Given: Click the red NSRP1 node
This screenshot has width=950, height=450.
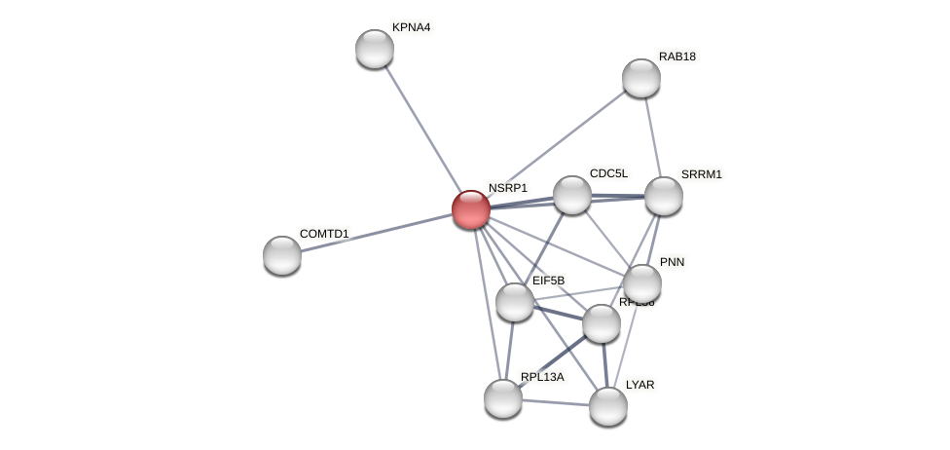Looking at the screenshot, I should tap(471, 209).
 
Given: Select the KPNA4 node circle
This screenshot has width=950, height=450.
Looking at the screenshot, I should tap(375, 49).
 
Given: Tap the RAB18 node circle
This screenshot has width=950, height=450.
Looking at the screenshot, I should tap(641, 78).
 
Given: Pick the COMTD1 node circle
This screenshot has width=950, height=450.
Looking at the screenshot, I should tap(282, 255).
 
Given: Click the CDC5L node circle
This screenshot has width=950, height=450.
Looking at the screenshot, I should tap(572, 195).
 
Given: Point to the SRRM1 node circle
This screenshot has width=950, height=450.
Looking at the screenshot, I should tap(664, 196).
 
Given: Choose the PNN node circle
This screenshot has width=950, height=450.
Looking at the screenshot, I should tap(642, 283).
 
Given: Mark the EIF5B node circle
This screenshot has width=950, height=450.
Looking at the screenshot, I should tap(515, 302).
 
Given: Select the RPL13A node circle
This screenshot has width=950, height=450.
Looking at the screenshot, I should tap(503, 397).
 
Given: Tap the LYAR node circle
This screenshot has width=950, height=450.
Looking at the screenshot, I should tap(608, 406).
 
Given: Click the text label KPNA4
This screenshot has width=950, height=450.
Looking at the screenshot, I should tap(411, 27).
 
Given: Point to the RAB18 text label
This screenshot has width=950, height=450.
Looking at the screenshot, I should tap(676, 56).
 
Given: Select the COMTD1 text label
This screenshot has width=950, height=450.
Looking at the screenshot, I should tap(324, 234).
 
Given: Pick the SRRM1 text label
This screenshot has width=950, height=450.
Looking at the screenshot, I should tap(701, 174).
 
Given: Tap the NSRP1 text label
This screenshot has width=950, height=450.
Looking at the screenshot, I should tap(507, 188).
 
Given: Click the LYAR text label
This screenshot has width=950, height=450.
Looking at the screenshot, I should tap(639, 385).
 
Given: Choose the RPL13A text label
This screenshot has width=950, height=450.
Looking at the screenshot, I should tap(542, 377).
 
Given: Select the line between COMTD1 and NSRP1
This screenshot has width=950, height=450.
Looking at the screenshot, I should tap(375, 233).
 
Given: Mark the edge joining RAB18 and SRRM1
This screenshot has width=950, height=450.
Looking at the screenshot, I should tap(652, 135).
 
